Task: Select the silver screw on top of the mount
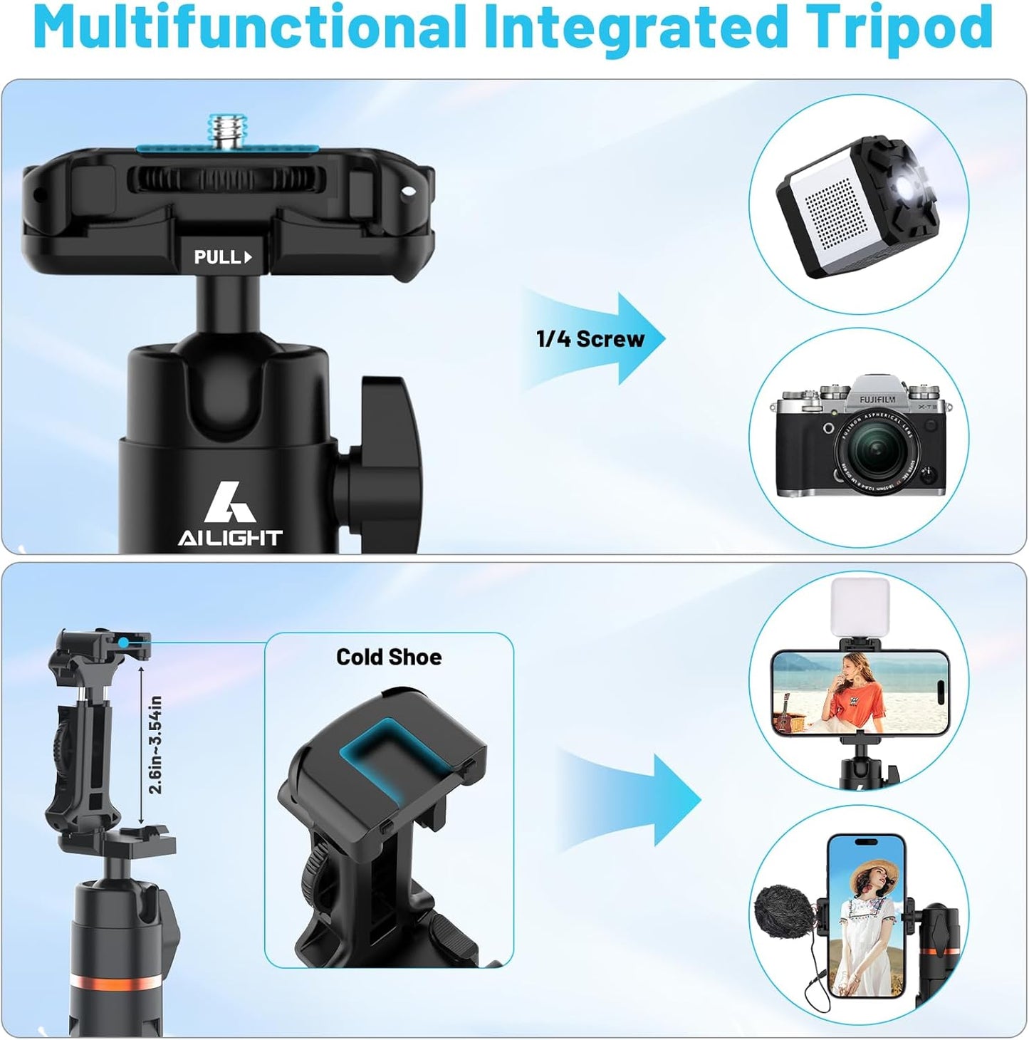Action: pos(226,132)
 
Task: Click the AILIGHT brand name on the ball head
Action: pos(230,538)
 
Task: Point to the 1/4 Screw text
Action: pos(590,338)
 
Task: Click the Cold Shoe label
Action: pos(389,657)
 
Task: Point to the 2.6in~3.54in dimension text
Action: pos(155,744)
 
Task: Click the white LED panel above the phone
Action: pos(861,608)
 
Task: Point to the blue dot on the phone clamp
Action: pos(124,643)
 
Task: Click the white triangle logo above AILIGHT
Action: pos(229,503)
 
